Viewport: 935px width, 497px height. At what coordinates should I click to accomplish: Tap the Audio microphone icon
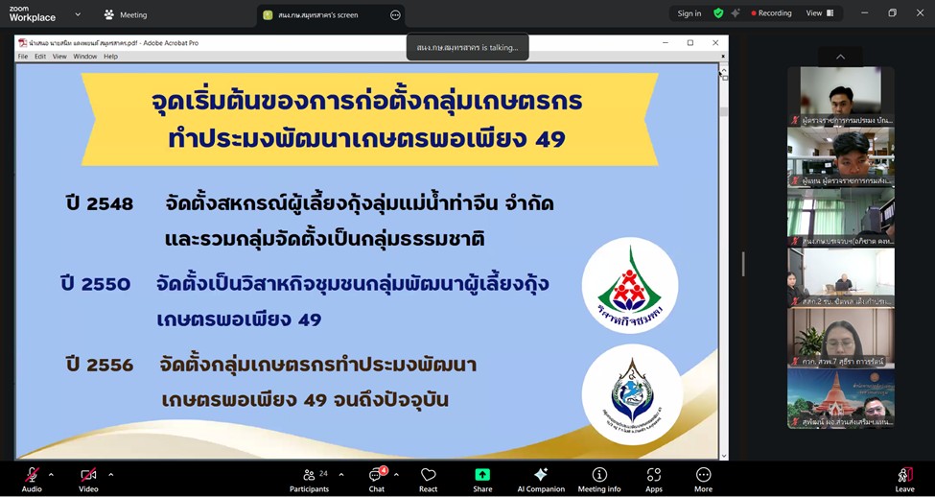[x=32, y=474]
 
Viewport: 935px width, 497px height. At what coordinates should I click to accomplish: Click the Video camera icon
[x=88, y=474]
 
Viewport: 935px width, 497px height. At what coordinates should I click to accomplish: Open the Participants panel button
[x=310, y=475]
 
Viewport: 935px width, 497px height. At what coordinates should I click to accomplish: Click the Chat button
[x=376, y=475]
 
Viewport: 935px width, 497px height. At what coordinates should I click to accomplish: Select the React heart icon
[x=429, y=475]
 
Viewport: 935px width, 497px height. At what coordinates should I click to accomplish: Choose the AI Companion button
[x=541, y=475]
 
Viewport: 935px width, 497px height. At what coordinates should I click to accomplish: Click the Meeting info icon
[x=599, y=475]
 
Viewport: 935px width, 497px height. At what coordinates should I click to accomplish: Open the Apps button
[x=654, y=475]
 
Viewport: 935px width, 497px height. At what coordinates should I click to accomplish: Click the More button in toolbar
[x=703, y=475]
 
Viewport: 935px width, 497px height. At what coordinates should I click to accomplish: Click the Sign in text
[x=690, y=13]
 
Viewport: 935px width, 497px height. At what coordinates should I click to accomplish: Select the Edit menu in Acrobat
[x=40, y=57]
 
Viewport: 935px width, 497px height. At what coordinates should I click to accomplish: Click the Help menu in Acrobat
[x=110, y=57]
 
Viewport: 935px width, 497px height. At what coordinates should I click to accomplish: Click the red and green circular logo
[x=630, y=285]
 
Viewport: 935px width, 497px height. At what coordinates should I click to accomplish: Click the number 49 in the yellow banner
[x=550, y=139]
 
